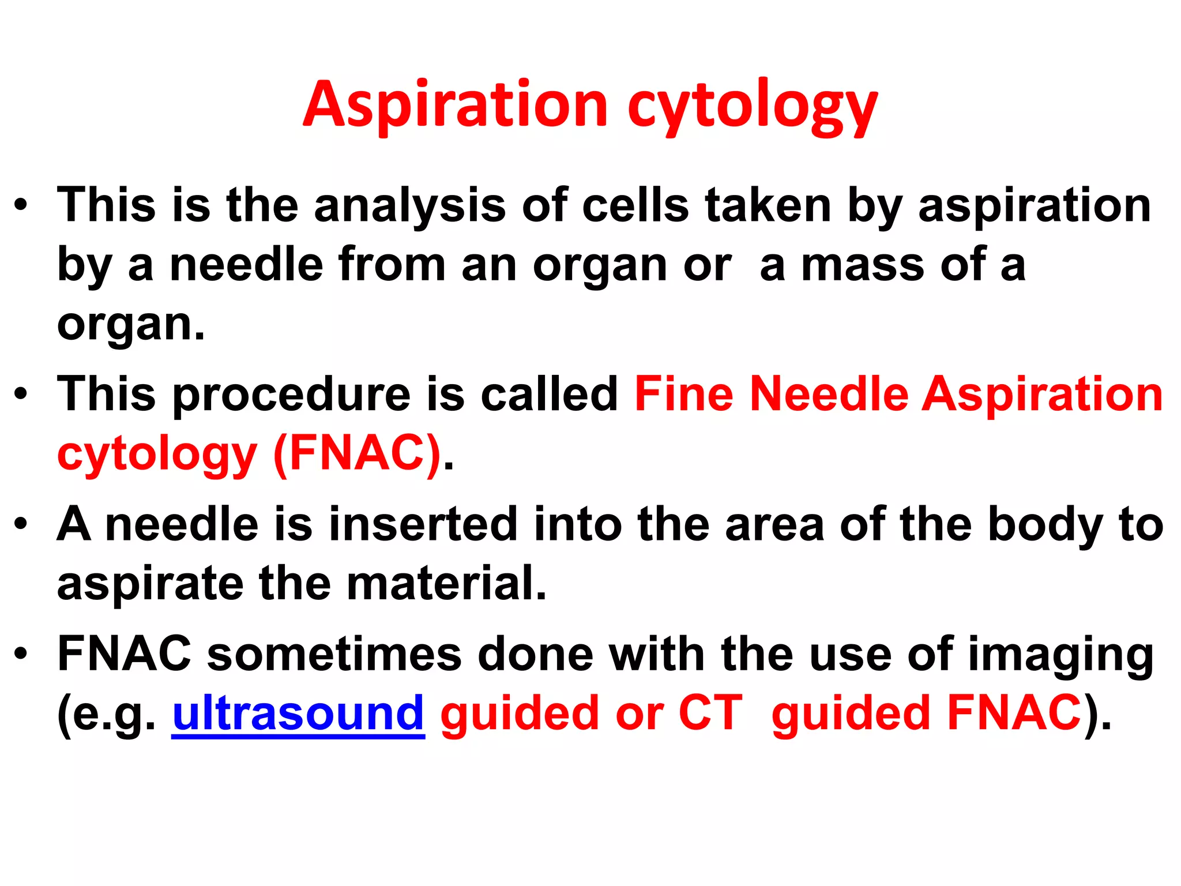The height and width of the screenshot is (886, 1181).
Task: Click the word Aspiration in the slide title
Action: point(456,105)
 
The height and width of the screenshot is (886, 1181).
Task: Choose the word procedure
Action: point(291,395)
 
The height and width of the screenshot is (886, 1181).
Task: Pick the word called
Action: point(549,394)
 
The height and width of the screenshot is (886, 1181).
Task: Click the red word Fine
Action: point(683,394)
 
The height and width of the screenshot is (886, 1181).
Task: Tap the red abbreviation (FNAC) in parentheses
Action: point(357,454)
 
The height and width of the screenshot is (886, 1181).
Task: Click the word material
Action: point(446,584)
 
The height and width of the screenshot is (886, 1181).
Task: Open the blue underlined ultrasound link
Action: point(298,714)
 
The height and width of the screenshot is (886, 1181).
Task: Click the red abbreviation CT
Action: point(710,714)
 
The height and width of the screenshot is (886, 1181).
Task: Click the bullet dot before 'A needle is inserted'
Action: point(21,524)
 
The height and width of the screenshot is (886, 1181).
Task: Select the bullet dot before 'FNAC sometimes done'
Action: point(21,654)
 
